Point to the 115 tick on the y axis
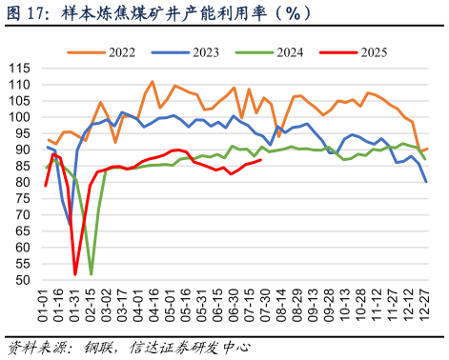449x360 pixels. (20, 69)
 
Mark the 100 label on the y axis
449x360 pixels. (20, 118)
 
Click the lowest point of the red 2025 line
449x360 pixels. (76, 274)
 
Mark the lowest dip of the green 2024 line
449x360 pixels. (92, 274)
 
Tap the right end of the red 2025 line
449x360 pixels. (261, 160)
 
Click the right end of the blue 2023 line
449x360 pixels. (425, 181)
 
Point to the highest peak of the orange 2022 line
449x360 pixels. (153, 82)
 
